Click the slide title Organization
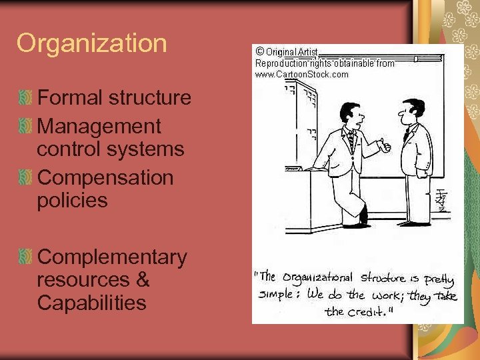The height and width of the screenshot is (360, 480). [x=91, y=43]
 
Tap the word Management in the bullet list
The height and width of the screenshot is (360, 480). [x=99, y=126]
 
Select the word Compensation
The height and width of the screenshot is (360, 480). [x=105, y=178]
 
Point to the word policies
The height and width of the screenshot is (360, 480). [x=72, y=201]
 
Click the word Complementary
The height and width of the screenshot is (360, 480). [x=112, y=257]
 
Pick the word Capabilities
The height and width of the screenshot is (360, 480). [x=91, y=303]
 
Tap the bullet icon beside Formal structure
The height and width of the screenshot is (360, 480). [x=25, y=98]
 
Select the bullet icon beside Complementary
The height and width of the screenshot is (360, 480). [x=25, y=257]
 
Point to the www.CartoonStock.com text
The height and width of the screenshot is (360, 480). [x=301, y=74]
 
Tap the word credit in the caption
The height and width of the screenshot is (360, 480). [x=365, y=311]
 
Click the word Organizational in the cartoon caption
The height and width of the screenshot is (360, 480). [x=319, y=277]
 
